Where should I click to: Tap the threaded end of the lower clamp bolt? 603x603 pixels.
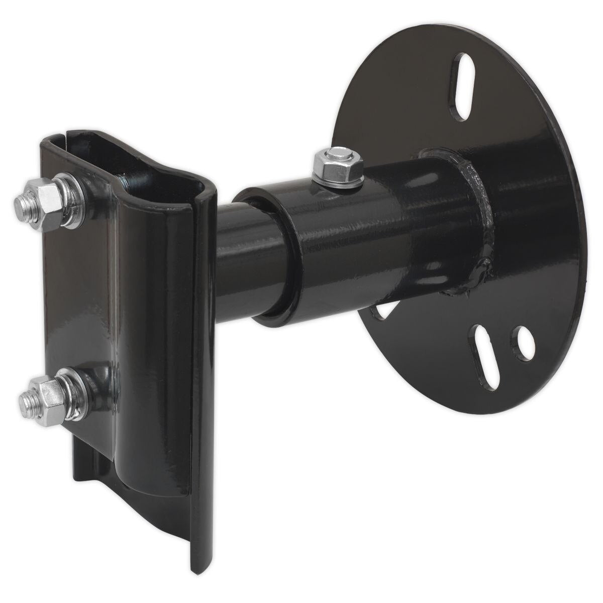point(25,400)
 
